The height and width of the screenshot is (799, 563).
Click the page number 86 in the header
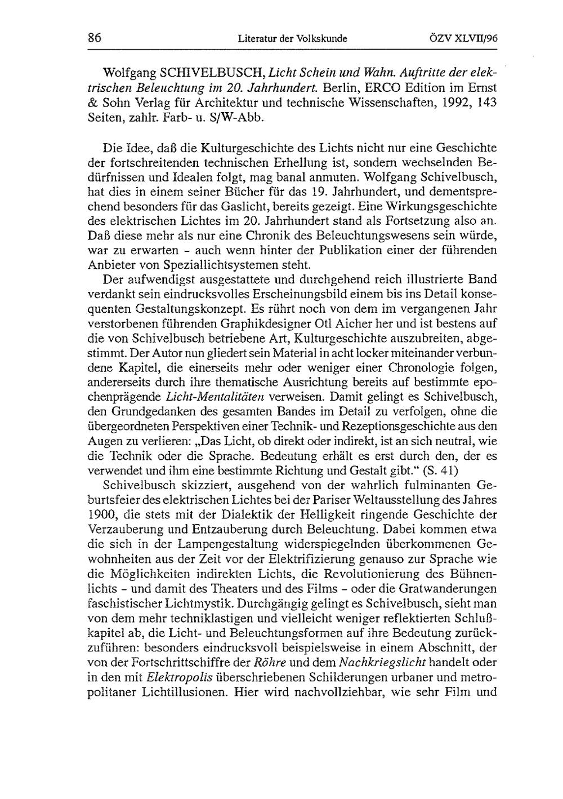coord(94,38)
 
